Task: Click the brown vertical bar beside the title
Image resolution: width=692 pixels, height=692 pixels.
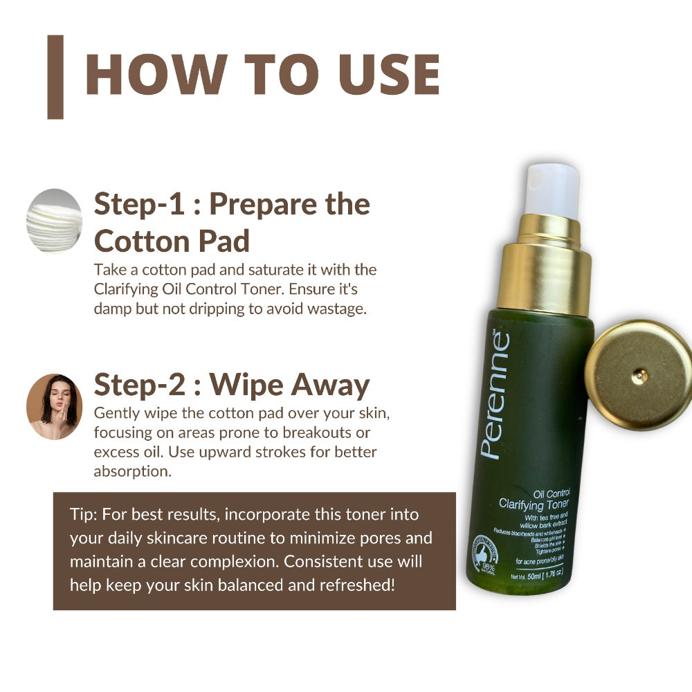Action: click(x=55, y=77)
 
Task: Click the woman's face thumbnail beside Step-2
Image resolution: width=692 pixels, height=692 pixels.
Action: click(x=54, y=407)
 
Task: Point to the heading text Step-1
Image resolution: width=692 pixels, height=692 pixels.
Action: click(x=144, y=204)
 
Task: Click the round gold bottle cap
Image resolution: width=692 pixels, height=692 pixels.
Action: click(x=639, y=375)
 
